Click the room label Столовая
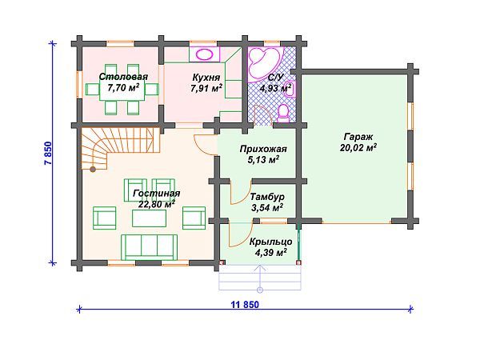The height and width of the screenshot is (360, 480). pos(123,77)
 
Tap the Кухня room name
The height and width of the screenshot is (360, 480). pos(206,77)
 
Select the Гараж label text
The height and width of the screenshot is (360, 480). pos(358,137)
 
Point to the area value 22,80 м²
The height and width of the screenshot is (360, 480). pos(157,204)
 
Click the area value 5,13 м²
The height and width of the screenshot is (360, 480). pos(263,159)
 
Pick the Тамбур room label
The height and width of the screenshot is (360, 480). pos(267,197)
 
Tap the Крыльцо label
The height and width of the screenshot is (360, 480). pos(270,242)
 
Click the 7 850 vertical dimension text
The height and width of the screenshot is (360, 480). pos(49,154)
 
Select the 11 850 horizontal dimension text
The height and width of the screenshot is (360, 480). pos(245,305)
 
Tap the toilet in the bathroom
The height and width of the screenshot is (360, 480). pos(283,113)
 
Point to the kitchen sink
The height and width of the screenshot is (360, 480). pos(204,54)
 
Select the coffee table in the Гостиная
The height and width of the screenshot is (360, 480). pos(149,218)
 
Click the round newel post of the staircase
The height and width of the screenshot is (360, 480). pos(93,169)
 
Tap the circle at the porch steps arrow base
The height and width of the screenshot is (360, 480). pos(260,290)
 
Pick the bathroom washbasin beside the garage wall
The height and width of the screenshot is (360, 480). pos(290,89)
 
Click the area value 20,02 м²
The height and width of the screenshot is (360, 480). pos(358,148)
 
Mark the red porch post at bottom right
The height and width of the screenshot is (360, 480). pos(299,262)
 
